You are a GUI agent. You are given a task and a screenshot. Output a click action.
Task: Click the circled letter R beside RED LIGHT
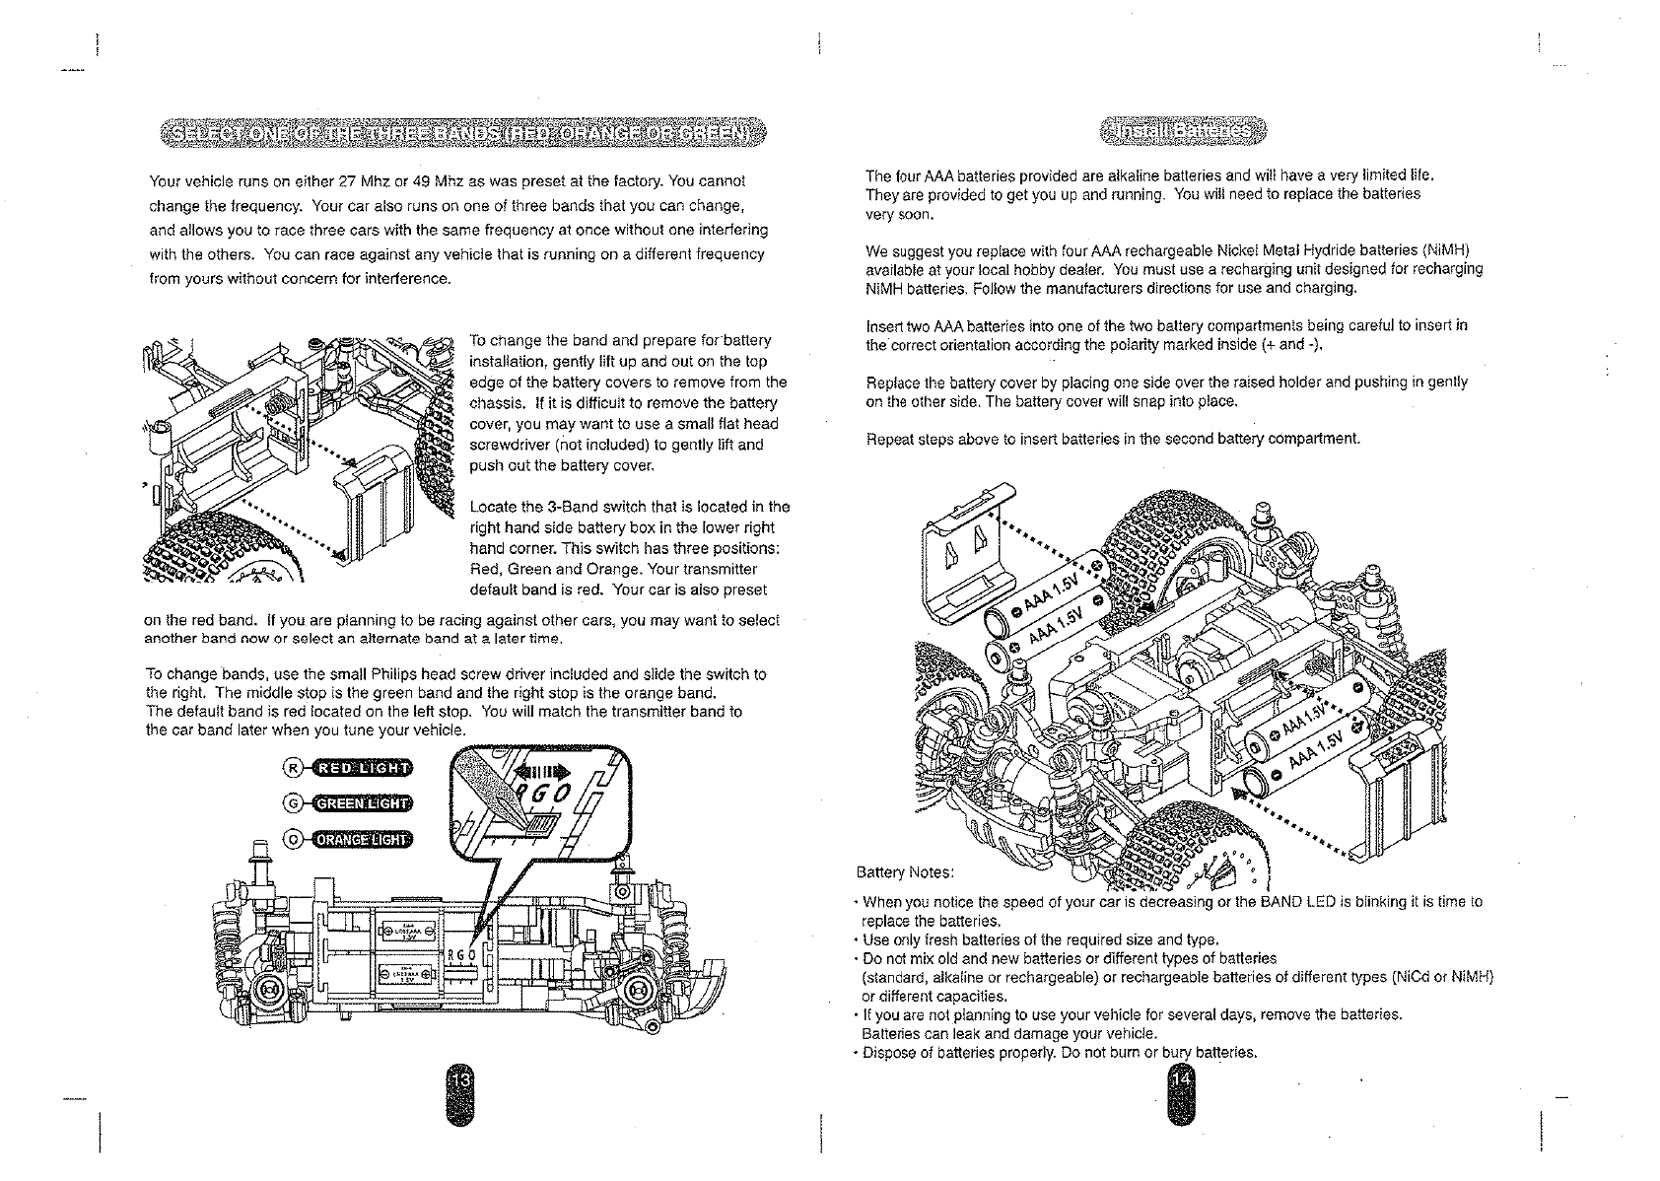[x=293, y=769]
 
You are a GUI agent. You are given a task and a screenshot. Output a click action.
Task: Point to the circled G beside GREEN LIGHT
[x=293, y=803]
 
